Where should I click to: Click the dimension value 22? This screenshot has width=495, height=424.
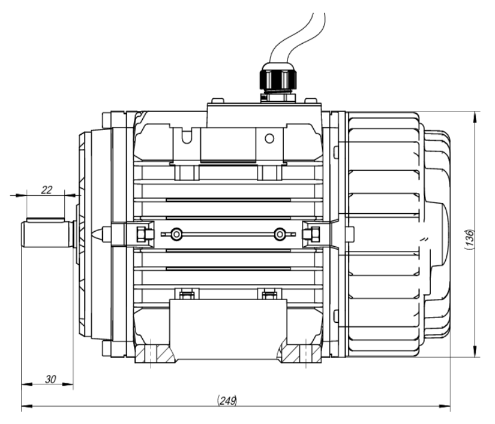point(47,190)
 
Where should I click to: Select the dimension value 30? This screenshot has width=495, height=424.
point(50,379)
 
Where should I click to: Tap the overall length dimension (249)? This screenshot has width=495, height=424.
point(229,400)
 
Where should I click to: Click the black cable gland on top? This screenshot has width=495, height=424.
point(277,80)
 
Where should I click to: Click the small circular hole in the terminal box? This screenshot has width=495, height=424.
point(269,138)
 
